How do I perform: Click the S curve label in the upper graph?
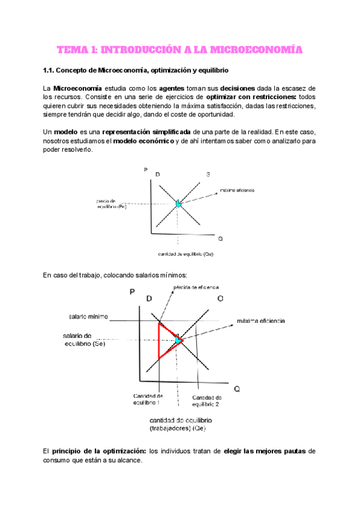point(208,174)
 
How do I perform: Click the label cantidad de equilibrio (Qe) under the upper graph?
point(186,253)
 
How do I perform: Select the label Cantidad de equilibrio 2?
point(206,400)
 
